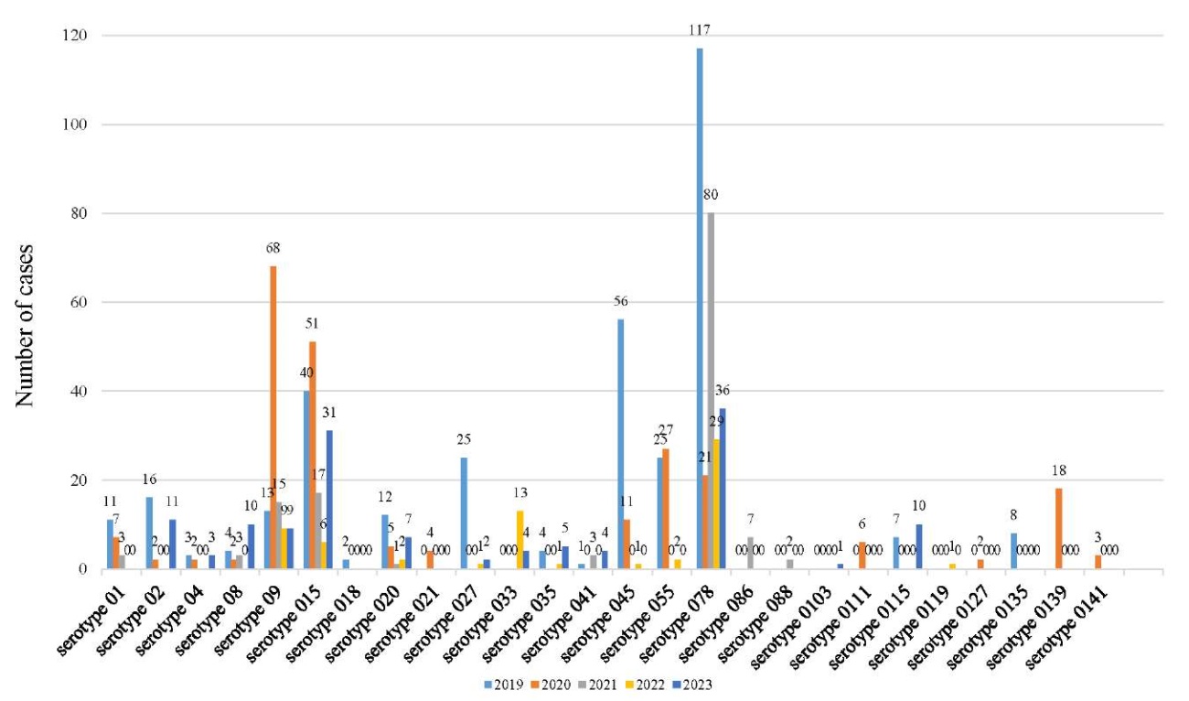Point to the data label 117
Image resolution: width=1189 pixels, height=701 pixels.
(x=701, y=30)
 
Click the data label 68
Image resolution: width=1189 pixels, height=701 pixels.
(x=273, y=248)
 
